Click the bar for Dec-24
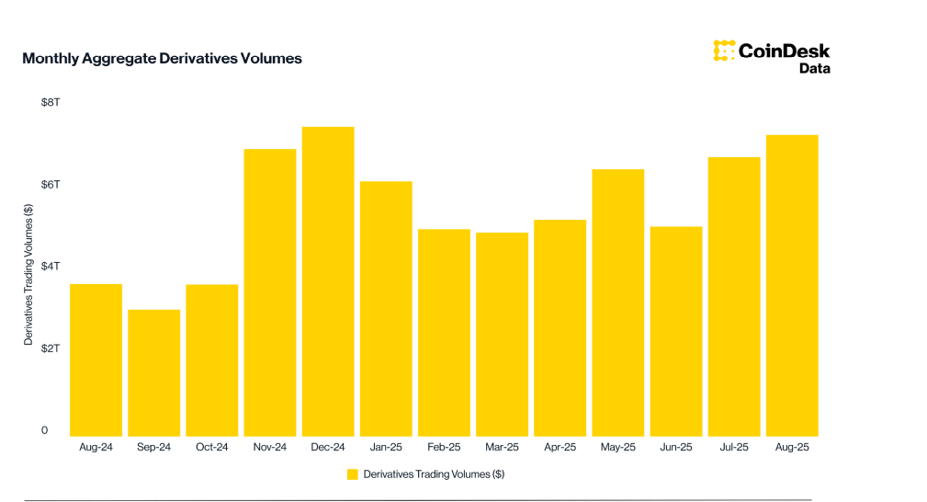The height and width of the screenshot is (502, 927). [x=328, y=281]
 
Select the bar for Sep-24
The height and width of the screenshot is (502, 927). [x=153, y=372]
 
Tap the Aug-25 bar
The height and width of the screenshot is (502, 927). [x=792, y=285]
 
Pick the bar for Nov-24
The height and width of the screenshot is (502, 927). [x=270, y=292]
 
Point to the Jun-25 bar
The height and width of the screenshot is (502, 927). [x=676, y=331]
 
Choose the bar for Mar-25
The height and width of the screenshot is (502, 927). [x=502, y=334]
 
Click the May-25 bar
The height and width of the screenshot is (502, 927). [x=617, y=302]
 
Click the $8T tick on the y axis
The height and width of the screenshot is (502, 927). [x=50, y=102]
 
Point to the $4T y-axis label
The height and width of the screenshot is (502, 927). [x=50, y=267]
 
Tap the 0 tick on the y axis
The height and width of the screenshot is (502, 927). [x=44, y=430]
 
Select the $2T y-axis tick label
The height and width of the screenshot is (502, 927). [x=50, y=348]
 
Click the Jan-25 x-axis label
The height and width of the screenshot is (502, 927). [x=386, y=448]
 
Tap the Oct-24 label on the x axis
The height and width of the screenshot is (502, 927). [x=211, y=448]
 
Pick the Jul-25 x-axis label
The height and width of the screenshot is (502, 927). [x=734, y=448]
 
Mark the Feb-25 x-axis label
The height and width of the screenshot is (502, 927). [x=444, y=448]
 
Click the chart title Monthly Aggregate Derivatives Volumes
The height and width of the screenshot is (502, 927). [x=162, y=59]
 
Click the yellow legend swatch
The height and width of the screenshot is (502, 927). [x=352, y=474]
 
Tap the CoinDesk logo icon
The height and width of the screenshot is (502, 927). [x=724, y=51]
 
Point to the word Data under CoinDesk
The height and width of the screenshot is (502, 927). [x=814, y=68]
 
